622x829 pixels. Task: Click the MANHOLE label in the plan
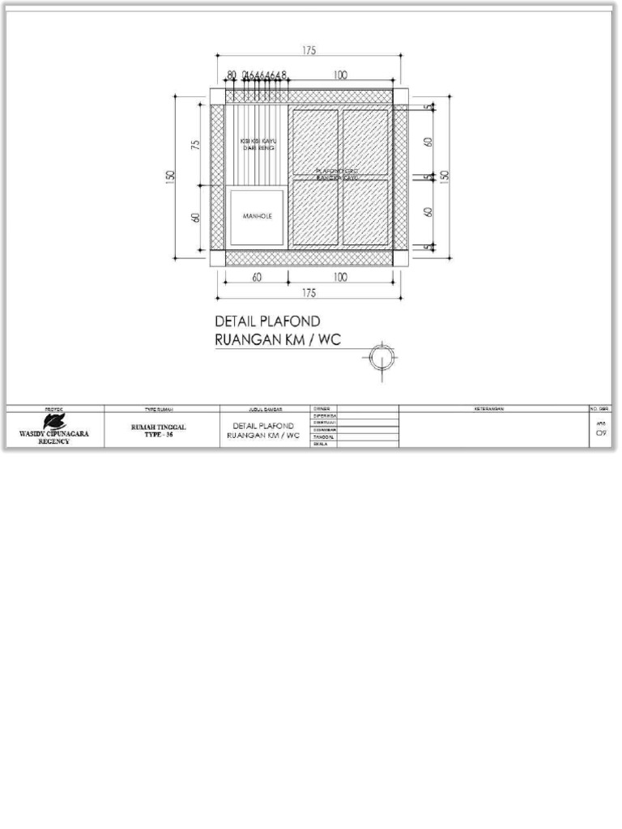pos(258,217)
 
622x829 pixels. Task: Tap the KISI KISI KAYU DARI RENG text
pos(257,145)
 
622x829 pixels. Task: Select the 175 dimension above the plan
pos(309,50)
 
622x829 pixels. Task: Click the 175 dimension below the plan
pos(309,293)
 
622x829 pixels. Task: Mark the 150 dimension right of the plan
pos(444,176)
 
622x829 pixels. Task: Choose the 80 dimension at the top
pos(232,75)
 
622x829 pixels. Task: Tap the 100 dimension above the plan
pos(340,75)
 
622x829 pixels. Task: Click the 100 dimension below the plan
pos(340,278)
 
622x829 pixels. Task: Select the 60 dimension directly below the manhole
pos(256,278)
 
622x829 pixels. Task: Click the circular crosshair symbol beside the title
pos(382,357)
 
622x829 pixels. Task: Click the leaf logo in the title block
pos(54,421)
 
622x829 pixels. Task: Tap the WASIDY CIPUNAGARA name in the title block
pos(54,434)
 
